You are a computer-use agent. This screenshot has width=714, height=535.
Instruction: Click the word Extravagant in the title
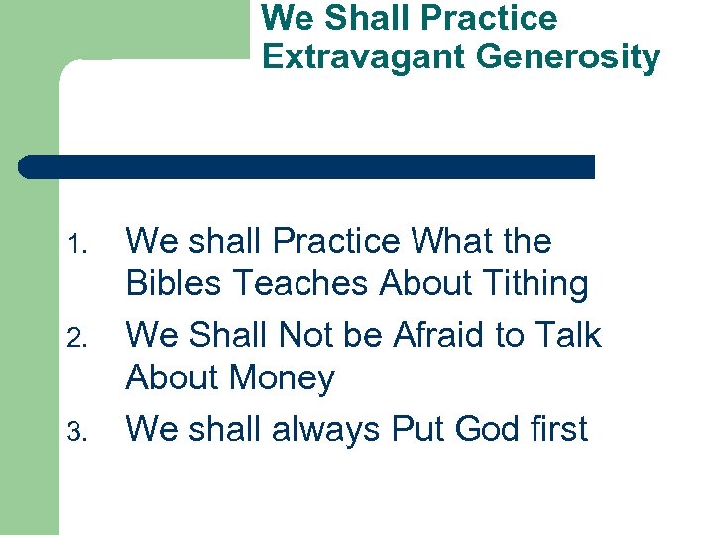364,57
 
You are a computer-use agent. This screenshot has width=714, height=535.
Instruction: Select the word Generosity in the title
567,57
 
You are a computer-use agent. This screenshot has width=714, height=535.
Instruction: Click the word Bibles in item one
176,284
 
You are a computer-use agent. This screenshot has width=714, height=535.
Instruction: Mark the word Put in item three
418,429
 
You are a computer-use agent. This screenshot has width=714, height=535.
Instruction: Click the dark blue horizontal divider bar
307,166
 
